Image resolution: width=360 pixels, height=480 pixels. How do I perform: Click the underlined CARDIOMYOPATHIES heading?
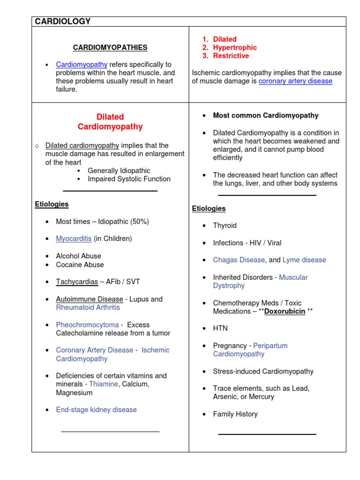coord(110,47)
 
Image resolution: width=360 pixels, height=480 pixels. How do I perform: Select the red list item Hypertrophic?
coord(235,47)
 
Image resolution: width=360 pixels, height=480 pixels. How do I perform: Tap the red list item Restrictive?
coord(231,56)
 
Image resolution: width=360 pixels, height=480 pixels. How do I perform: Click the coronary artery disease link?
coord(295,81)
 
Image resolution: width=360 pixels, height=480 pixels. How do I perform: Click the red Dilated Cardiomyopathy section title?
coord(110,122)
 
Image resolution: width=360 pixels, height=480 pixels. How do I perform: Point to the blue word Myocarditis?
coord(74,239)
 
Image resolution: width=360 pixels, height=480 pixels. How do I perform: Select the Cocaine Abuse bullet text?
coord(80,264)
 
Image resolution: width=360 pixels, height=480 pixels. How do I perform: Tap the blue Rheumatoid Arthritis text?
coord(88,307)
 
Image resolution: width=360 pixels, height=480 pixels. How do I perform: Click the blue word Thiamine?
coord(104,384)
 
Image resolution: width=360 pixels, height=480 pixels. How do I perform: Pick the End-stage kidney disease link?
coord(96,410)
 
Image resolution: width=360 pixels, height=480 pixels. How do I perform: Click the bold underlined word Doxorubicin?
coord(285,311)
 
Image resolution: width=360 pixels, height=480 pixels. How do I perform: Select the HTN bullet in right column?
coord(220,328)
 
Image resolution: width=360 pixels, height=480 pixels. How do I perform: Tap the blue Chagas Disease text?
coord(239,260)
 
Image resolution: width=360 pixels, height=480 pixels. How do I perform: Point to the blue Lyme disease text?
coord(304,260)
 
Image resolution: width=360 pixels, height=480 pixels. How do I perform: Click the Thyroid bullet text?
coord(225,225)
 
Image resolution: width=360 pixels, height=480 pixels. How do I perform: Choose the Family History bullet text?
coord(235,414)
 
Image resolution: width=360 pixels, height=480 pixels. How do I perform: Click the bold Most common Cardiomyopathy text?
coord(265,115)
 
